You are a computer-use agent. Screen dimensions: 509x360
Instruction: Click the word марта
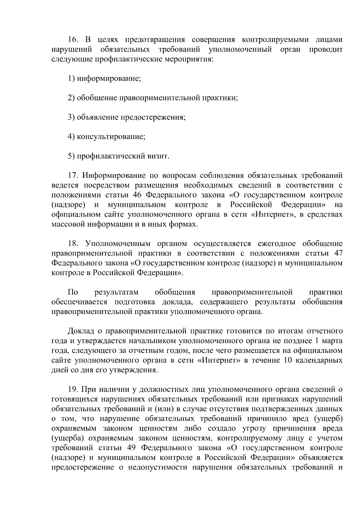tap(333, 341)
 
